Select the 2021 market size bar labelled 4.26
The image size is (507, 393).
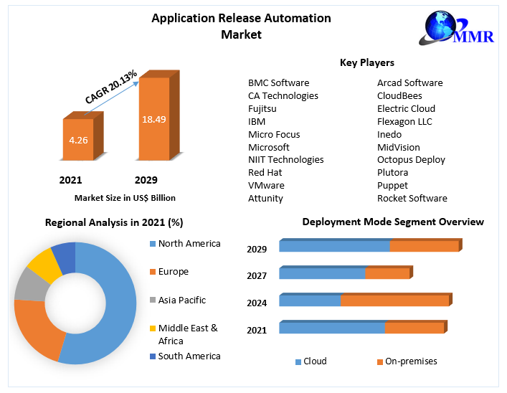(x=78, y=140)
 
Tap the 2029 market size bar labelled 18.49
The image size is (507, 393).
(x=153, y=118)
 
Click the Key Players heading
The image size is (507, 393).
(x=367, y=63)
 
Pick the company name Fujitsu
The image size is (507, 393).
(x=262, y=108)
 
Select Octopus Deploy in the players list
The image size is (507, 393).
(x=411, y=159)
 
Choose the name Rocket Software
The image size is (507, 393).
(x=412, y=198)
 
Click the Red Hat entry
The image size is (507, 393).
(x=265, y=172)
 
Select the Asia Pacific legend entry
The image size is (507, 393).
(x=181, y=300)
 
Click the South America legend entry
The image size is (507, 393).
(x=189, y=356)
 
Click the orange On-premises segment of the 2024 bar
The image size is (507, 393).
(x=394, y=300)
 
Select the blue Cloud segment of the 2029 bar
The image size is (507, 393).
(x=334, y=246)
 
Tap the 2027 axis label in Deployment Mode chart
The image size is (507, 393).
(x=257, y=276)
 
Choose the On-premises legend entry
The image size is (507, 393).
(x=410, y=361)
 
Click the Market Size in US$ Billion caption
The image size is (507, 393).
(x=125, y=197)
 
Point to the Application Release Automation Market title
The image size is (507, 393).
(x=241, y=26)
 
